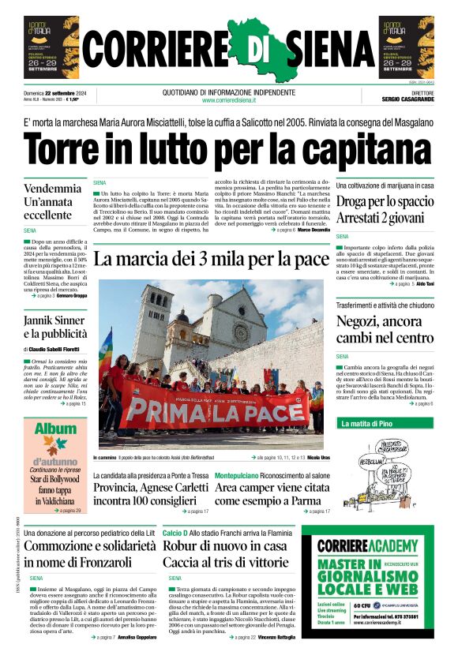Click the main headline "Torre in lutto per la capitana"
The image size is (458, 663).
(228, 148)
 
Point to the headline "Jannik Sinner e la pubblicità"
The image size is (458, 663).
(54, 328)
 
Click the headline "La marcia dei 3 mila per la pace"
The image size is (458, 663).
(211, 260)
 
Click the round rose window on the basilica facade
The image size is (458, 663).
(241, 331)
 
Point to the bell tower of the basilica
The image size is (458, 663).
(154, 324)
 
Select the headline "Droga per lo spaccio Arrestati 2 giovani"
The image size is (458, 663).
(385, 208)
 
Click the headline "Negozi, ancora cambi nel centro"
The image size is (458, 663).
(385, 330)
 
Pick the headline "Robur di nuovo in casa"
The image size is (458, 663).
(225, 545)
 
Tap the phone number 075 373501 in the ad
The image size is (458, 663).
(405, 616)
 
